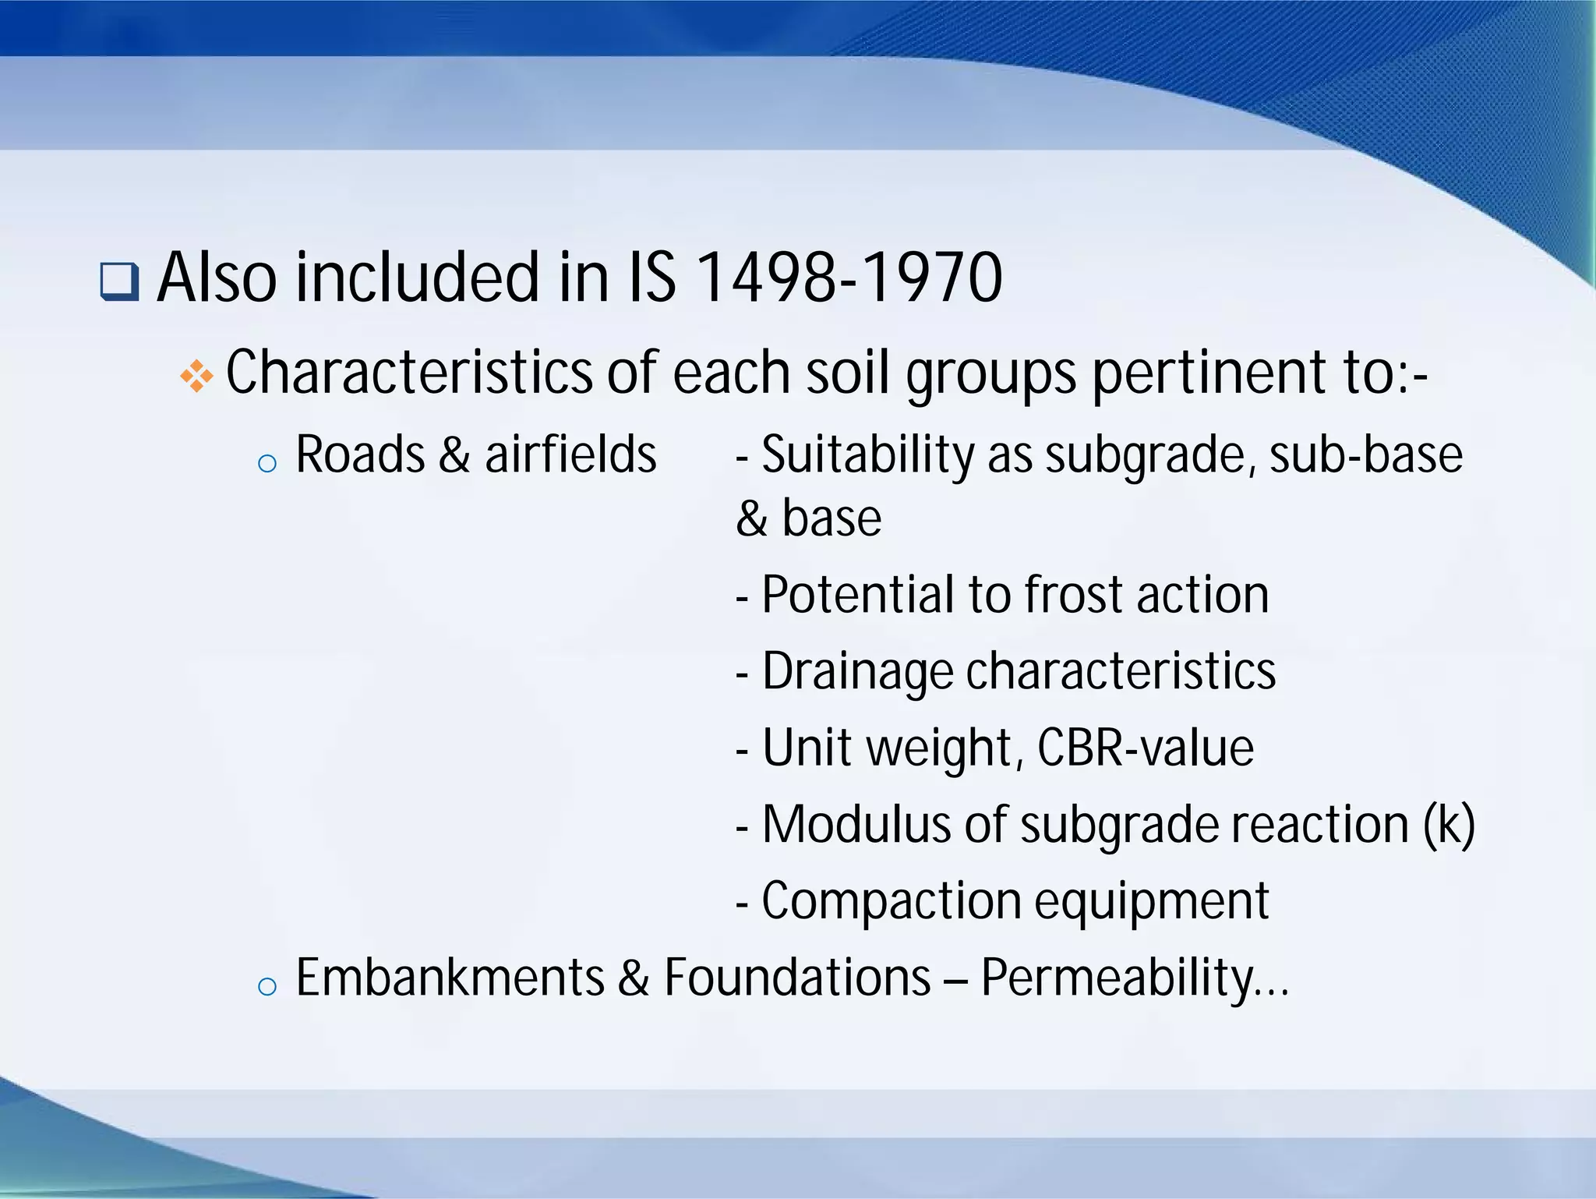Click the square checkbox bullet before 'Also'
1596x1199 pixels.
tap(119, 282)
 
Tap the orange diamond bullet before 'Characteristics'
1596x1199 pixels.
tap(196, 377)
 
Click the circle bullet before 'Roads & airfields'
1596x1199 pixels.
tap(267, 464)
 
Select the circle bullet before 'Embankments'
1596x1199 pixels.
tap(267, 986)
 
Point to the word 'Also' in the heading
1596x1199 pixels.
tap(217, 278)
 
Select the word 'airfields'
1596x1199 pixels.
tap(570, 454)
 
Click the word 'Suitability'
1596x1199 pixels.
tap(867, 456)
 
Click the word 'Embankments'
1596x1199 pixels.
tap(450, 978)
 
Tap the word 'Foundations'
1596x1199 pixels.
tap(797, 978)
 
